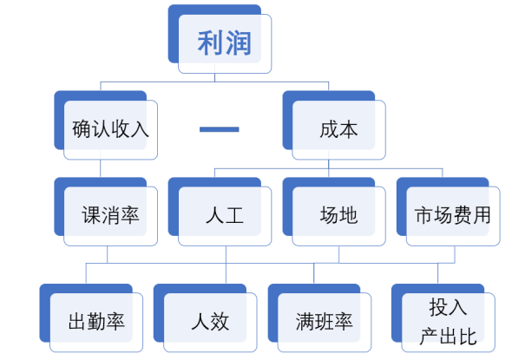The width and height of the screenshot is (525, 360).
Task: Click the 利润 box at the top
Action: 224,43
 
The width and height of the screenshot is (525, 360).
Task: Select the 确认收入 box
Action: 110,129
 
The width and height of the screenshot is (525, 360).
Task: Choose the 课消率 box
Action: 110,215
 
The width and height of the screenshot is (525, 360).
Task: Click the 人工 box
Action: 224,215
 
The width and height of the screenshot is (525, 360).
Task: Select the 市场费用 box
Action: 452,215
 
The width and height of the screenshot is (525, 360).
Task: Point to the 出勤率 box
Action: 95,322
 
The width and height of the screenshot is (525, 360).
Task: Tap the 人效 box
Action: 209,322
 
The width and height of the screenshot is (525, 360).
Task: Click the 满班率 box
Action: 324,322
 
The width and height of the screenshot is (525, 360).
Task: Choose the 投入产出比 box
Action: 447,322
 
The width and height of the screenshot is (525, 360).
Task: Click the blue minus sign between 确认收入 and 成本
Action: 219,129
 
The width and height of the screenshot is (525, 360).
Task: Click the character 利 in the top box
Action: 211,43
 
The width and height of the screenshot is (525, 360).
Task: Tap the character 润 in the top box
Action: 238,43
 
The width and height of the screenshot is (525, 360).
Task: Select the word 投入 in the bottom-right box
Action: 448,308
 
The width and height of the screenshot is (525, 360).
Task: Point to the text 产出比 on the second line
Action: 448,337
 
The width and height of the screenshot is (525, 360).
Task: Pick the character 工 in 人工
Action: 234,215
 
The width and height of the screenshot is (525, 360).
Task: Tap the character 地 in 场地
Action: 348,215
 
